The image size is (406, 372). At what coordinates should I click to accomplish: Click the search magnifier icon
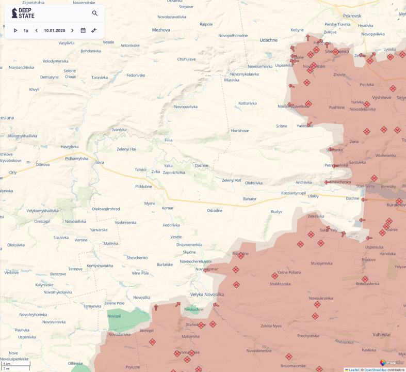pyautogui.click(x=95, y=13)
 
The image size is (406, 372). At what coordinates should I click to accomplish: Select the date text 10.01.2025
pyautogui.click(x=54, y=30)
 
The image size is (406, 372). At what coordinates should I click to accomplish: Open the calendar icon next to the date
pyautogui.click(x=83, y=30)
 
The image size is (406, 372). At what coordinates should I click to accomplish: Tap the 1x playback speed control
pyautogui.click(x=26, y=30)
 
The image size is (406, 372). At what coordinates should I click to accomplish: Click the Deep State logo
pyautogui.click(x=23, y=13)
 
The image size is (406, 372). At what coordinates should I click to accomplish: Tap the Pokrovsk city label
pyautogui.click(x=352, y=17)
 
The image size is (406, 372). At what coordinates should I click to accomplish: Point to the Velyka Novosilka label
pyautogui.click(x=207, y=295)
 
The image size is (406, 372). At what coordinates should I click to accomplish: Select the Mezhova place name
pyautogui.click(x=161, y=30)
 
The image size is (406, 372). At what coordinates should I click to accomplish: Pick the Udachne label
pyautogui.click(x=268, y=40)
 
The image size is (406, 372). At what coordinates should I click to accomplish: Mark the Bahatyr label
pyautogui.click(x=250, y=198)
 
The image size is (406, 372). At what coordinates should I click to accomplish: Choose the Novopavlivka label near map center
pyautogui.click(x=186, y=107)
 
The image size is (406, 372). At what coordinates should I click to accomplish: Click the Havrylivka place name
pyautogui.click(x=70, y=147)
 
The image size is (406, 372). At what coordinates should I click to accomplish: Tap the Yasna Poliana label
pyautogui.click(x=289, y=272)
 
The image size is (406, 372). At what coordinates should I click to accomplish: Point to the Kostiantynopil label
pyautogui.click(x=294, y=193)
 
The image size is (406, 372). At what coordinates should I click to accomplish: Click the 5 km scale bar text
pyautogui.click(x=7, y=364)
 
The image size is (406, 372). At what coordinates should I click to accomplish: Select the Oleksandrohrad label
pyautogui.click(x=106, y=209)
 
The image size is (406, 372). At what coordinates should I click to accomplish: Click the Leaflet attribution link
pyautogui.click(x=353, y=370)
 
